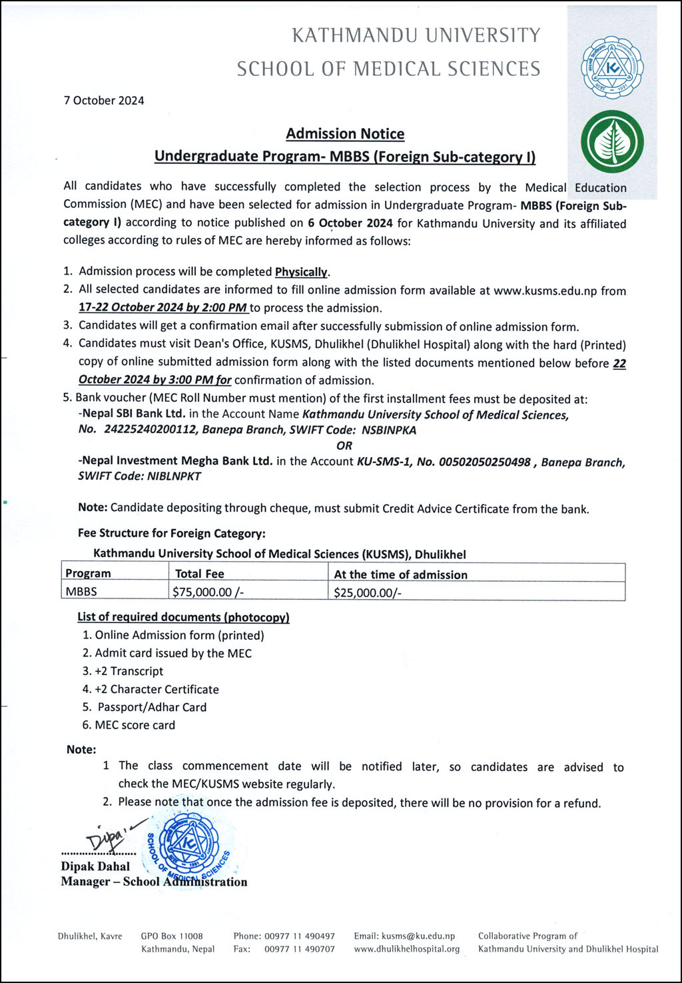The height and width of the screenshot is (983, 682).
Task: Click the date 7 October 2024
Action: [x=104, y=101]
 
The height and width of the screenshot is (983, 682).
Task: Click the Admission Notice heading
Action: [x=345, y=134]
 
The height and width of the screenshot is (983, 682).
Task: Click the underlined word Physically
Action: [x=302, y=272]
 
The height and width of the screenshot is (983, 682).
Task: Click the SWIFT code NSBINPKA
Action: [x=389, y=431]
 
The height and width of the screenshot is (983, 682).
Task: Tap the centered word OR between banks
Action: [x=344, y=446]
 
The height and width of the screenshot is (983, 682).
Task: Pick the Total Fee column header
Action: [x=200, y=574]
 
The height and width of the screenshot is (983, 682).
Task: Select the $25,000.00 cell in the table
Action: [x=368, y=592]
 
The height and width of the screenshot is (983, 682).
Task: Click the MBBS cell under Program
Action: [x=81, y=592]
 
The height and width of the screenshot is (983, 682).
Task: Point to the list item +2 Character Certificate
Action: [x=157, y=690]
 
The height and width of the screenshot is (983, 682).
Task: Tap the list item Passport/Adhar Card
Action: [x=152, y=708]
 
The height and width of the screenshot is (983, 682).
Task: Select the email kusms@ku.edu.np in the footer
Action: [x=404, y=936]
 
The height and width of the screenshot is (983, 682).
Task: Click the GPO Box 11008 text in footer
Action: [x=172, y=936]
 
